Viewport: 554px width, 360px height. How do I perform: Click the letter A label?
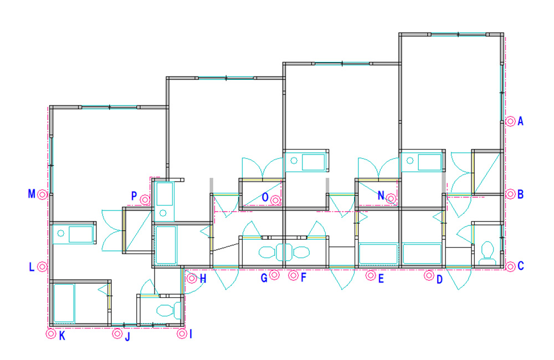[x=520, y=121]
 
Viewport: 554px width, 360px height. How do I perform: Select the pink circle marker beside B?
[x=510, y=194]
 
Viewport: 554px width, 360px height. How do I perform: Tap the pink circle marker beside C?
[x=510, y=266]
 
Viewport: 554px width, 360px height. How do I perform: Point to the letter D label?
[x=439, y=280]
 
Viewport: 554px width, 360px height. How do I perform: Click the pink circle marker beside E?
[x=371, y=275]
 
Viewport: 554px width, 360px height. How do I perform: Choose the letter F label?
[x=303, y=277]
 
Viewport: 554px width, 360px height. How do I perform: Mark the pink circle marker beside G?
[x=274, y=275]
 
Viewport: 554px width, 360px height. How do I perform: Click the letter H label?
[x=203, y=279]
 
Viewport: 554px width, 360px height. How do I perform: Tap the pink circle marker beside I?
[x=182, y=333]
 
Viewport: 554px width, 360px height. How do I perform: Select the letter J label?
[x=127, y=336]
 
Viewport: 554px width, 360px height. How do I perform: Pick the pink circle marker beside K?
[x=51, y=333]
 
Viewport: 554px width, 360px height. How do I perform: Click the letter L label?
[x=32, y=267]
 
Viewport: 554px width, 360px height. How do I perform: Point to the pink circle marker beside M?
[x=43, y=194]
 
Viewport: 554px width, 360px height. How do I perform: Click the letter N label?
[x=381, y=196]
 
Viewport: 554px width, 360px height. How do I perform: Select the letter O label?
[x=265, y=197]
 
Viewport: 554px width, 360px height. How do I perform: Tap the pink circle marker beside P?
[x=145, y=200]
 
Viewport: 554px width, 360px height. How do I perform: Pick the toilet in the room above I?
[x=168, y=310]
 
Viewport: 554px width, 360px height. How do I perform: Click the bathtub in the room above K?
[x=64, y=303]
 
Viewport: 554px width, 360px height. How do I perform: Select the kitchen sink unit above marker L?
[x=74, y=234]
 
